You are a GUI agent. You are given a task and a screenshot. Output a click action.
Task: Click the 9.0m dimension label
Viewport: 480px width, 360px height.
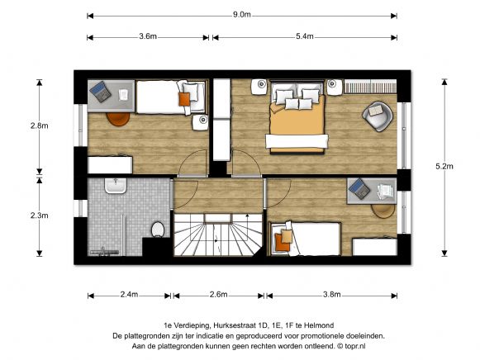coord(242,14)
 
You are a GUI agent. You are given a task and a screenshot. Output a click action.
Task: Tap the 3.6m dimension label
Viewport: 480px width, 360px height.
coord(148,36)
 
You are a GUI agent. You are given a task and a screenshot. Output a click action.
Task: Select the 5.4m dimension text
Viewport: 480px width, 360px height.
coord(305,36)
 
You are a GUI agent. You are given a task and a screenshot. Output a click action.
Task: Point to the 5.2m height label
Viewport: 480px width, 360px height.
coord(444,167)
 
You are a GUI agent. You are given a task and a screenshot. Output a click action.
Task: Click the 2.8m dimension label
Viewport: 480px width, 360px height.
coord(39,126)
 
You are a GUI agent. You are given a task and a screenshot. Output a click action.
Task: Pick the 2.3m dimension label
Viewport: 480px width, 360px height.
coord(39,216)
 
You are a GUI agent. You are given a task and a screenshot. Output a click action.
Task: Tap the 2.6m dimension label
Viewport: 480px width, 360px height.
coord(219,295)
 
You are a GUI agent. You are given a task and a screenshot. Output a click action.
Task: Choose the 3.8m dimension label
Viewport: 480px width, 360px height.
coord(332,295)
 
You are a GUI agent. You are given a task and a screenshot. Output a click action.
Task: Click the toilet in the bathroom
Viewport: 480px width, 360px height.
coord(158,229)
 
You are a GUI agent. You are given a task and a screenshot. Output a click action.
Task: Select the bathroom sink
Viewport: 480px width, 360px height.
coord(116,186)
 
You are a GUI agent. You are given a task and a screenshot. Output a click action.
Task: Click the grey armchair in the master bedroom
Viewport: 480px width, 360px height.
coord(378,116)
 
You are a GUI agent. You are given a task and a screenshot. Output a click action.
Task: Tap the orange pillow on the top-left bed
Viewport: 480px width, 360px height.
coord(184,99)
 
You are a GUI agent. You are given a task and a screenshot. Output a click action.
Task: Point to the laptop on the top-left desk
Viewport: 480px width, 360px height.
coord(101,92)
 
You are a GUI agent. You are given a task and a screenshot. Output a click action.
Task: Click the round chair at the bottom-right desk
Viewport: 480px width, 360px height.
coord(383,211)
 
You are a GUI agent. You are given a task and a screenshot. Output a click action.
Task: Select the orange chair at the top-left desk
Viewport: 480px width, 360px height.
coord(118,119)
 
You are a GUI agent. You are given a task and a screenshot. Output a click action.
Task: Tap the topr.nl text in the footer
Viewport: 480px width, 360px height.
coord(355,346)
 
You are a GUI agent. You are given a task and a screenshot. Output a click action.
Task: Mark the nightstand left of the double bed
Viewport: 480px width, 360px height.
coord(260,88)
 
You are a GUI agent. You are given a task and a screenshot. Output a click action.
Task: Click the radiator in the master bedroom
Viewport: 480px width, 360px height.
coord(370,86)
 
